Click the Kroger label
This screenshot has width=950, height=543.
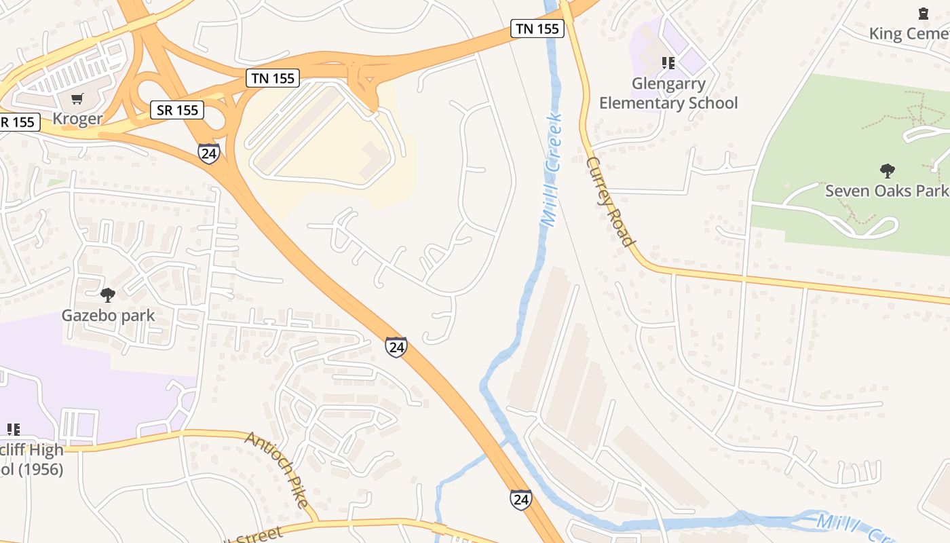point(77,119)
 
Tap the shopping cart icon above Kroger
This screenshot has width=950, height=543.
point(77,99)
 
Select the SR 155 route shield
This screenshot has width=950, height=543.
point(177,110)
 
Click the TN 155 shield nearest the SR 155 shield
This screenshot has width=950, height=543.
point(273,78)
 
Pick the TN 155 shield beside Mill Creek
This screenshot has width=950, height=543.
point(537,29)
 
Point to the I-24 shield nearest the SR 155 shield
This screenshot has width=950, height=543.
point(208,152)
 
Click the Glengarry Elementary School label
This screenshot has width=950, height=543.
point(668,93)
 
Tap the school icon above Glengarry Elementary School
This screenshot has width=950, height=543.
point(668,63)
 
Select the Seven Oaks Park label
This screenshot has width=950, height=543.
point(886,190)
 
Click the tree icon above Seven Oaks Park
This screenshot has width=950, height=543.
point(886,170)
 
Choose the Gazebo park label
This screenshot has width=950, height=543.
point(108,316)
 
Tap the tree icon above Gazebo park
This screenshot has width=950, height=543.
point(107,295)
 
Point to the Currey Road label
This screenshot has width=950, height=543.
point(611,202)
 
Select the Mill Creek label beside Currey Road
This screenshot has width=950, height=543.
point(552,170)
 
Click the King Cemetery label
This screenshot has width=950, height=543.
point(909,33)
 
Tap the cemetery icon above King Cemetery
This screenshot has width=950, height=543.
point(923,13)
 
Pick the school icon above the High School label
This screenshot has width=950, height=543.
point(13,429)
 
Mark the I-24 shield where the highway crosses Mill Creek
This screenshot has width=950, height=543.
point(520,500)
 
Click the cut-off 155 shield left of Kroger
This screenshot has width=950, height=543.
point(20,122)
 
